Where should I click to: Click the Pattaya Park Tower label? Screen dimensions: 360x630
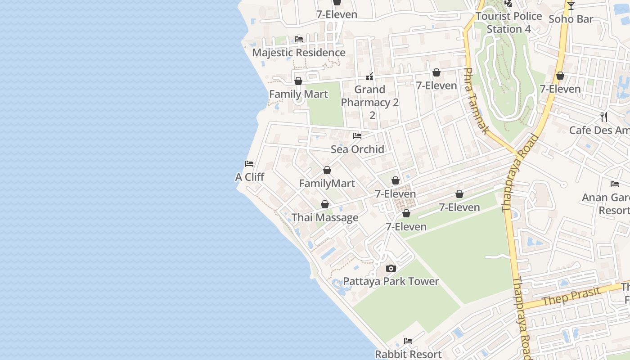[x=391, y=281]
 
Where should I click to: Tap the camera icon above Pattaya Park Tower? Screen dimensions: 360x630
[x=391, y=269]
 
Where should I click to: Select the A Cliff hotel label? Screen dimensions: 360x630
[x=249, y=177]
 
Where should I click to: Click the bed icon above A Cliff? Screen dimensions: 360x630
[x=249, y=164]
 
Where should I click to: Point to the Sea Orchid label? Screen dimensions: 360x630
[x=357, y=149]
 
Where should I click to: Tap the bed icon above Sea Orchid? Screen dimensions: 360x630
[x=357, y=136]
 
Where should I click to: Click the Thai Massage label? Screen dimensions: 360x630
[x=325, y=217]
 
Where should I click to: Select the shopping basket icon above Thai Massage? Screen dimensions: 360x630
[x=325, y=205]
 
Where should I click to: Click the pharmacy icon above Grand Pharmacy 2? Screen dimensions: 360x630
[x=369, y=76]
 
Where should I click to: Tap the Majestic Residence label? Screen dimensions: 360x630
[x=298, y=52]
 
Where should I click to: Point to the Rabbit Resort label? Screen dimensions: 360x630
[x=408, y=354]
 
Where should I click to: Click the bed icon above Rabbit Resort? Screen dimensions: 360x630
[x=408, y=341]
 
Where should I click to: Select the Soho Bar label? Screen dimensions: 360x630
[x=571, y=19]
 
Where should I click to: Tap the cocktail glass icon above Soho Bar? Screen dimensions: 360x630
[x=571, y=6]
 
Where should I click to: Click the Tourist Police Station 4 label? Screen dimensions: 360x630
[x=508, y=22]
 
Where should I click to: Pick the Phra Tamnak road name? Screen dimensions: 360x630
[x=476, y=101]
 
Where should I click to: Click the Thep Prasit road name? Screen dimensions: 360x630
[x=571, y=296]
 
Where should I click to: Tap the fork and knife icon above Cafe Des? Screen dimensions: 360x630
[x=604, y=117]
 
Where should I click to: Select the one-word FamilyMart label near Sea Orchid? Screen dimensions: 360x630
[x=327, y=183]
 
